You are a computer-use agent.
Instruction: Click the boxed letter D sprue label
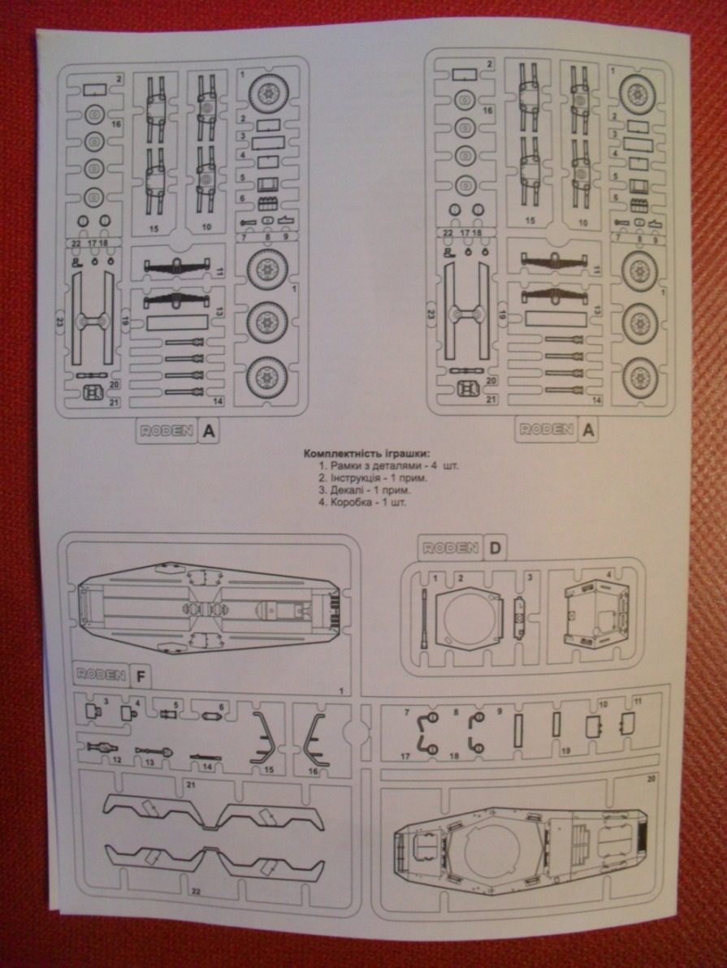click(x=495, y=548)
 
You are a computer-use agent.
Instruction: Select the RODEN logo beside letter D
click(x=448, y=548)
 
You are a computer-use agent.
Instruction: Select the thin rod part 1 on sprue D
click(x=424, y=616)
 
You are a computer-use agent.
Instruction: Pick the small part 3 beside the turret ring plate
click(x=520, y=616)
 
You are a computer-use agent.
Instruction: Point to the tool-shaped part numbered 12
click(x=103, y=747)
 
